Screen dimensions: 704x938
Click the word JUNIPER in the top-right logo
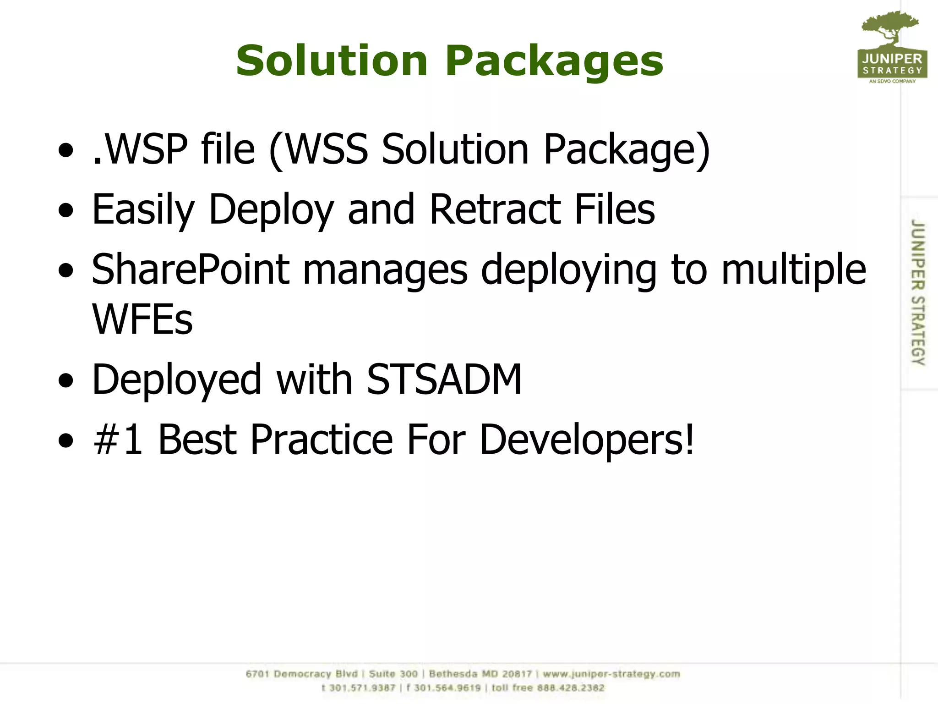pos(892,59)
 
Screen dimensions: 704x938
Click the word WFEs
pos(142,319)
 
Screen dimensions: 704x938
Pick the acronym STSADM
pos(444,379)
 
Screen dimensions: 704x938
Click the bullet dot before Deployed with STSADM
pos(66,380)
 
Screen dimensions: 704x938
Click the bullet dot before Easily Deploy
pos(66,210)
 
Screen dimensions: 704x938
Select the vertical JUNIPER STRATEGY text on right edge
pos(917,292)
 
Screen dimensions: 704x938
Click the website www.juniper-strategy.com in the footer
pos(611,674)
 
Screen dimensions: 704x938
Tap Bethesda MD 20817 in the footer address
pos(480,674)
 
